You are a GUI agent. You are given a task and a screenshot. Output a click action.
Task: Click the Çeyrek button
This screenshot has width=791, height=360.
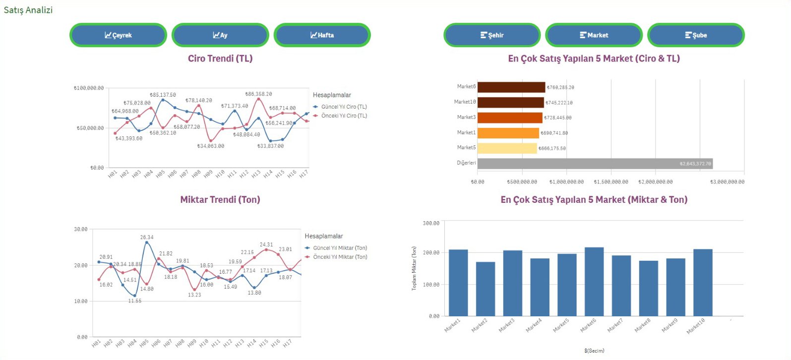118,35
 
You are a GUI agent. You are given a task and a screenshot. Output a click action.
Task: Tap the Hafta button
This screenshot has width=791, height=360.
322,35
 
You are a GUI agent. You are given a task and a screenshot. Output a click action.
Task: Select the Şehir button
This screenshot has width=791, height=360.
492,35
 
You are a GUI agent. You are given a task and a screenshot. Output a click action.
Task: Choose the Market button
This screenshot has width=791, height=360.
594,35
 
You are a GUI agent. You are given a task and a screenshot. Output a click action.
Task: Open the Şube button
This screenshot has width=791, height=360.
696,35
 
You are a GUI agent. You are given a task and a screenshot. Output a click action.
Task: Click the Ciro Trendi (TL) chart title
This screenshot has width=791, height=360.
220,59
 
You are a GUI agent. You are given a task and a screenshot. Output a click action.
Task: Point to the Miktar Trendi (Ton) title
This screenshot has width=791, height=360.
220,200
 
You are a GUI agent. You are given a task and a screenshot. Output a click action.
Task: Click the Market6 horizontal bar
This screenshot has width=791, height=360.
511,87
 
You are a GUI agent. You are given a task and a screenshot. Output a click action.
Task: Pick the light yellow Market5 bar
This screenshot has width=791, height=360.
507,148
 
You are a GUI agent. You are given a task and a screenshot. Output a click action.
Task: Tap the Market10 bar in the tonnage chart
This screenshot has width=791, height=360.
703,283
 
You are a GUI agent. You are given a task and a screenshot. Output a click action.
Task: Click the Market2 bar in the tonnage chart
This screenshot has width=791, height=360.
486,289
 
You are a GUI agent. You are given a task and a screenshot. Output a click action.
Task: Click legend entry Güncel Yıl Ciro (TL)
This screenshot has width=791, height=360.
344,107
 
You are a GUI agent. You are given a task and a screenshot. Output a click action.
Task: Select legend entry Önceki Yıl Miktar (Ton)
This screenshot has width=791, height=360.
340,257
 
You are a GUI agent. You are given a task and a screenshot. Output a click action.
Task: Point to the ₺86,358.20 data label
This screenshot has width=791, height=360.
258,94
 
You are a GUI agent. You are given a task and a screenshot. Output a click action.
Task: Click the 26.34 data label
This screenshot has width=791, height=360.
147,238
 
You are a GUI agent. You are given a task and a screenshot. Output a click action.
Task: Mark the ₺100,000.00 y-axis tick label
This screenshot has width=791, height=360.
89,88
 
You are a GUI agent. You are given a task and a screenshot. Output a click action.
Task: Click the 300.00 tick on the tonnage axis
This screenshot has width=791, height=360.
431,224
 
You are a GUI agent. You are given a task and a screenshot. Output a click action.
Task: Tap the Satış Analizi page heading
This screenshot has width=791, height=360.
28,10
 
